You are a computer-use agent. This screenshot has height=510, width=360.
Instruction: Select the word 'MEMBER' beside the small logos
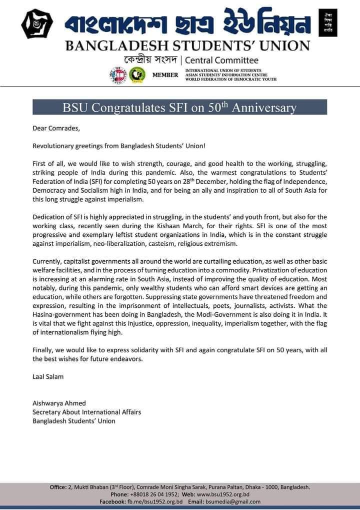pos(164,75)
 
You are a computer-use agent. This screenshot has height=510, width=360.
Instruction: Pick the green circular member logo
pos(135,75)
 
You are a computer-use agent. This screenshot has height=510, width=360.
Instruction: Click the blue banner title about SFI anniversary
pos(179,108)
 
